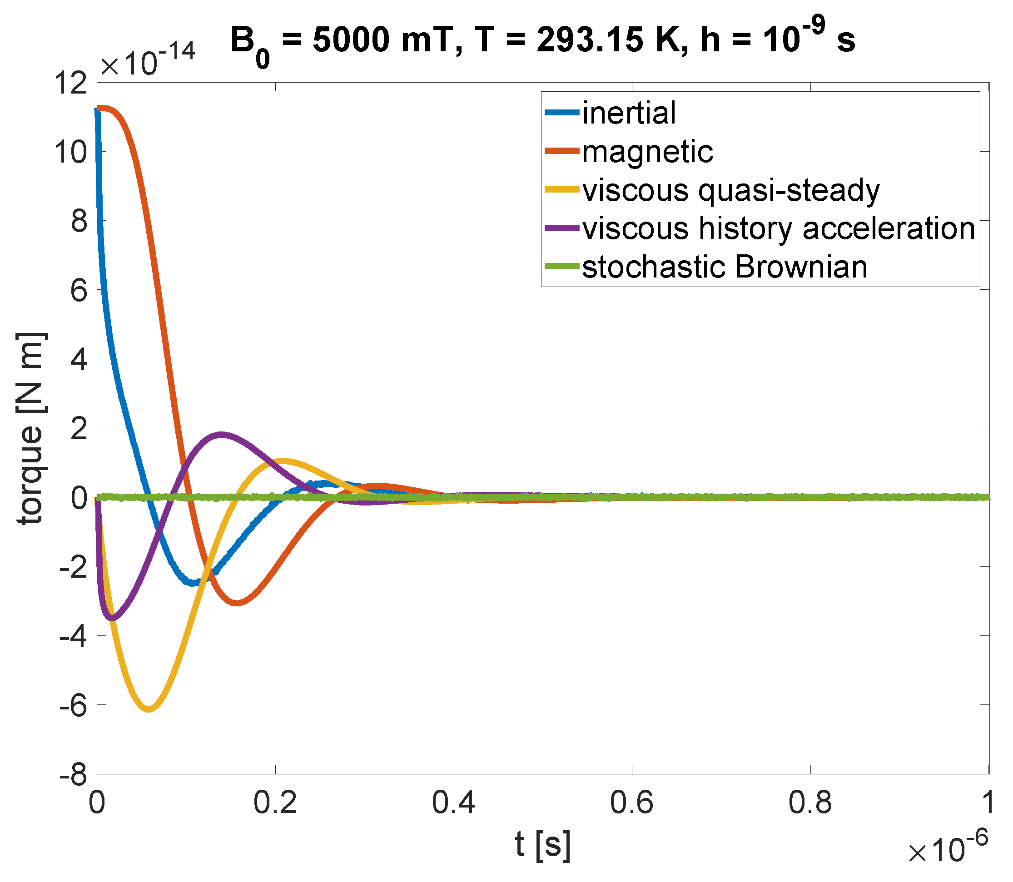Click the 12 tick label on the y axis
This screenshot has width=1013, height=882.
[x=70, y=83]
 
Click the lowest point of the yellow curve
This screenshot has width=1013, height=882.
[x=149, y=709]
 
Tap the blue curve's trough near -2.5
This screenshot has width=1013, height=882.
[x=193, y=583]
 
